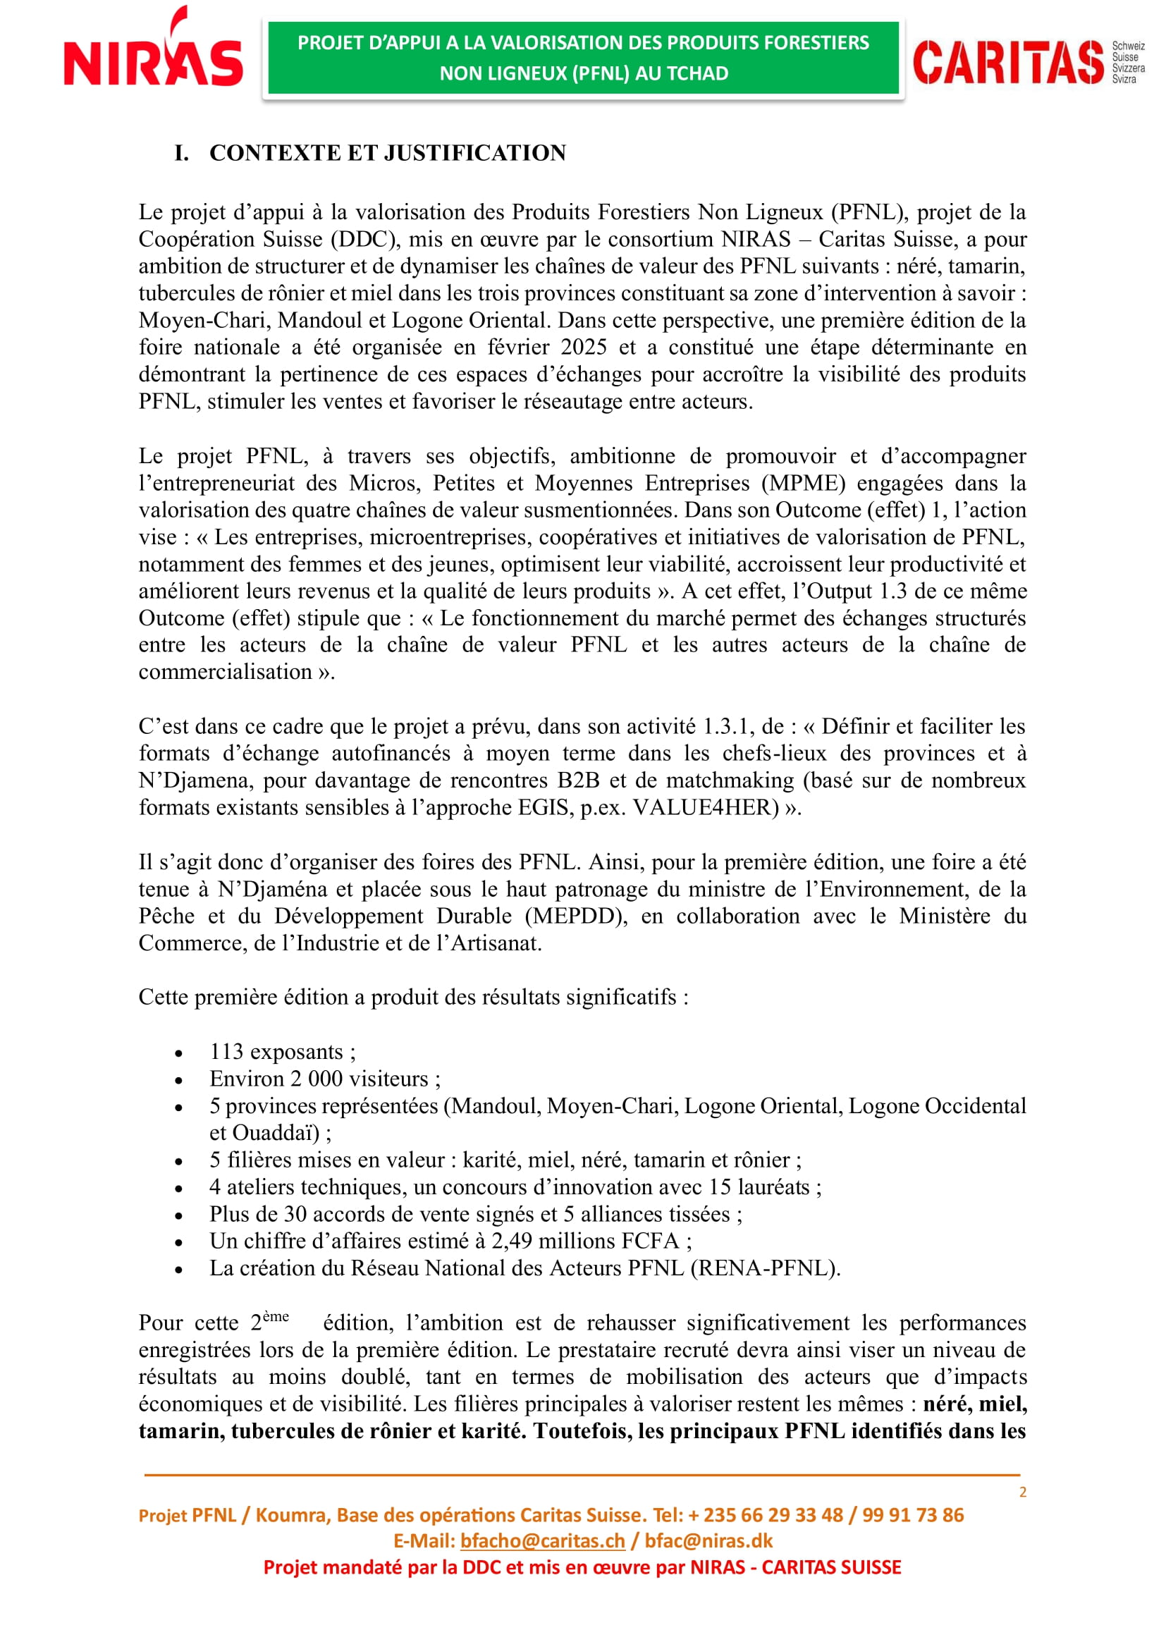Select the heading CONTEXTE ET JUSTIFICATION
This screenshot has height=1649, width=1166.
tap(387, 153)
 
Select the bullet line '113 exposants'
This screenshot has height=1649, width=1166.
tap(282, 1052)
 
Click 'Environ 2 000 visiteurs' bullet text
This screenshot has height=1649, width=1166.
tap(324, 1079)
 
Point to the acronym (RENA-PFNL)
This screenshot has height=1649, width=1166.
tap(765, 1269)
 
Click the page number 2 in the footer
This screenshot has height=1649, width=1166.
tap(1022, 1492)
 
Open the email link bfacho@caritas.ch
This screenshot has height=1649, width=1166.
tap(542, 1541)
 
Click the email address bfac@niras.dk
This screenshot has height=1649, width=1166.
tap(708, 1541)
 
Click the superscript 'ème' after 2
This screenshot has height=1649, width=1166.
tap(276, 1316)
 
